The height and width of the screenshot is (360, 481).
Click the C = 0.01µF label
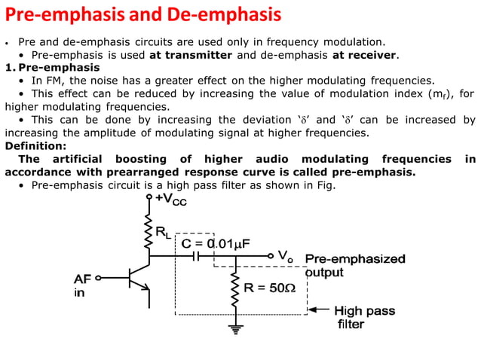[215, 243]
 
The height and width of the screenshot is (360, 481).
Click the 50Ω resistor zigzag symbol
[236, 289]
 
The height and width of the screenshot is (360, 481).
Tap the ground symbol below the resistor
[236, 328]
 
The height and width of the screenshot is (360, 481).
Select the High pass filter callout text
[364, 317]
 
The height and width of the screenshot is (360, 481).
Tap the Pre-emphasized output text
[354, 265]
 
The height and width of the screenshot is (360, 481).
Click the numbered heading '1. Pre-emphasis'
[51, 67]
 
